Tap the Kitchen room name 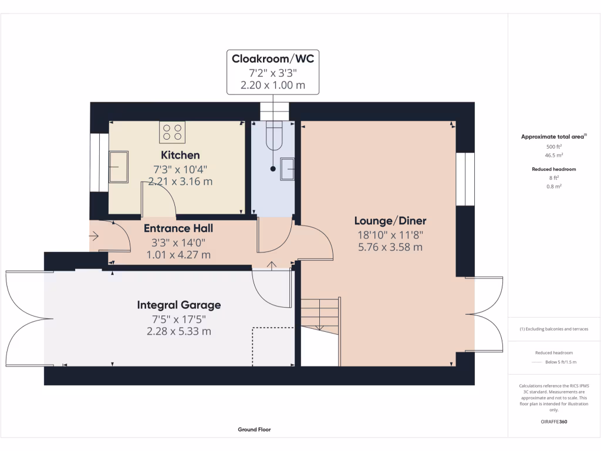tap(180, 155)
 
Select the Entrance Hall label tap(178, 228)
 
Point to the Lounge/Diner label tap(390, 221)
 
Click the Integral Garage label tap(179, 305)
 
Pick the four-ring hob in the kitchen tap(173, 132)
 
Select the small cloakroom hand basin tap(288, 168)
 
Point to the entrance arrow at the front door tap(96, 237)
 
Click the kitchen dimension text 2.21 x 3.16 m tap(180, 181)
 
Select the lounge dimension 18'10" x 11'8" tap(390, 235)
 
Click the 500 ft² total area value tap(554, 147)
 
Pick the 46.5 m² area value tap(554, 156)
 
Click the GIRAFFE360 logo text tap(554, 422)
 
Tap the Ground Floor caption tap(254, 429)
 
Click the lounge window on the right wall tap(465, 179)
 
